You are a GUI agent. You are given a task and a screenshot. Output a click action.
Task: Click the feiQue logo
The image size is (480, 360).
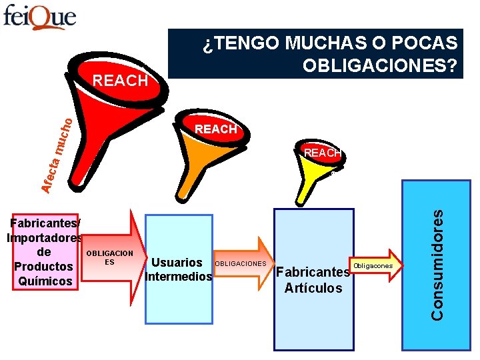tap(40, 17)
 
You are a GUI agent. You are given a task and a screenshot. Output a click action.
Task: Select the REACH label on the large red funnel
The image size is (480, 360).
tap(120, 81)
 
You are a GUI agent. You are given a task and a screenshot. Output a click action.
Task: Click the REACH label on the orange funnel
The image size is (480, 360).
tap(215, 129)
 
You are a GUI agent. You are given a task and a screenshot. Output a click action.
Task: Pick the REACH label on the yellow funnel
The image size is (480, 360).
tap(322, 153)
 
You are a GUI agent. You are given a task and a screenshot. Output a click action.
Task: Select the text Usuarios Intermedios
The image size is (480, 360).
tap(178, 269)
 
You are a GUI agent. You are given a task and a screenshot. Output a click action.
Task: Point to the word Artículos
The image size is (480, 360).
tap(313, 288)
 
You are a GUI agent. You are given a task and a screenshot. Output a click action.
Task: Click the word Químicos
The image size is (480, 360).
tap(45, 281)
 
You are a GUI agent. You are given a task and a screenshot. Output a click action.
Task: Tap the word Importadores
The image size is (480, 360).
tap(44, 238)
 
